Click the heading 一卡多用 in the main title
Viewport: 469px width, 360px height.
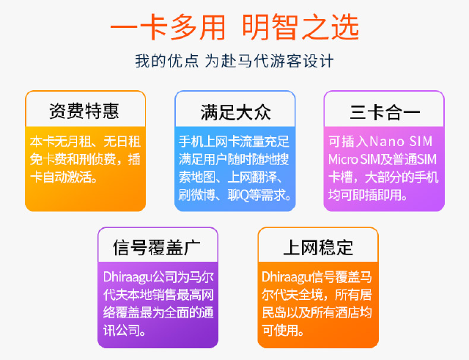168,28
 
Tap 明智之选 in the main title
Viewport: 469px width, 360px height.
301,28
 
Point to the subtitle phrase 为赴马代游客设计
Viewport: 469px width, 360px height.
269,61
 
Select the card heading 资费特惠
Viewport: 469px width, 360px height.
84,111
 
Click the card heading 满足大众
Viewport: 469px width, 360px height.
236,112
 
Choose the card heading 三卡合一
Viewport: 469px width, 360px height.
385,112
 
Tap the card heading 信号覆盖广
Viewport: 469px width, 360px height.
157,248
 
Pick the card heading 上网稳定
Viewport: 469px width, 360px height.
318,248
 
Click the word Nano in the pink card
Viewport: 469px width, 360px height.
387,142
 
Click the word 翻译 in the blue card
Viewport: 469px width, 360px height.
265,177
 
